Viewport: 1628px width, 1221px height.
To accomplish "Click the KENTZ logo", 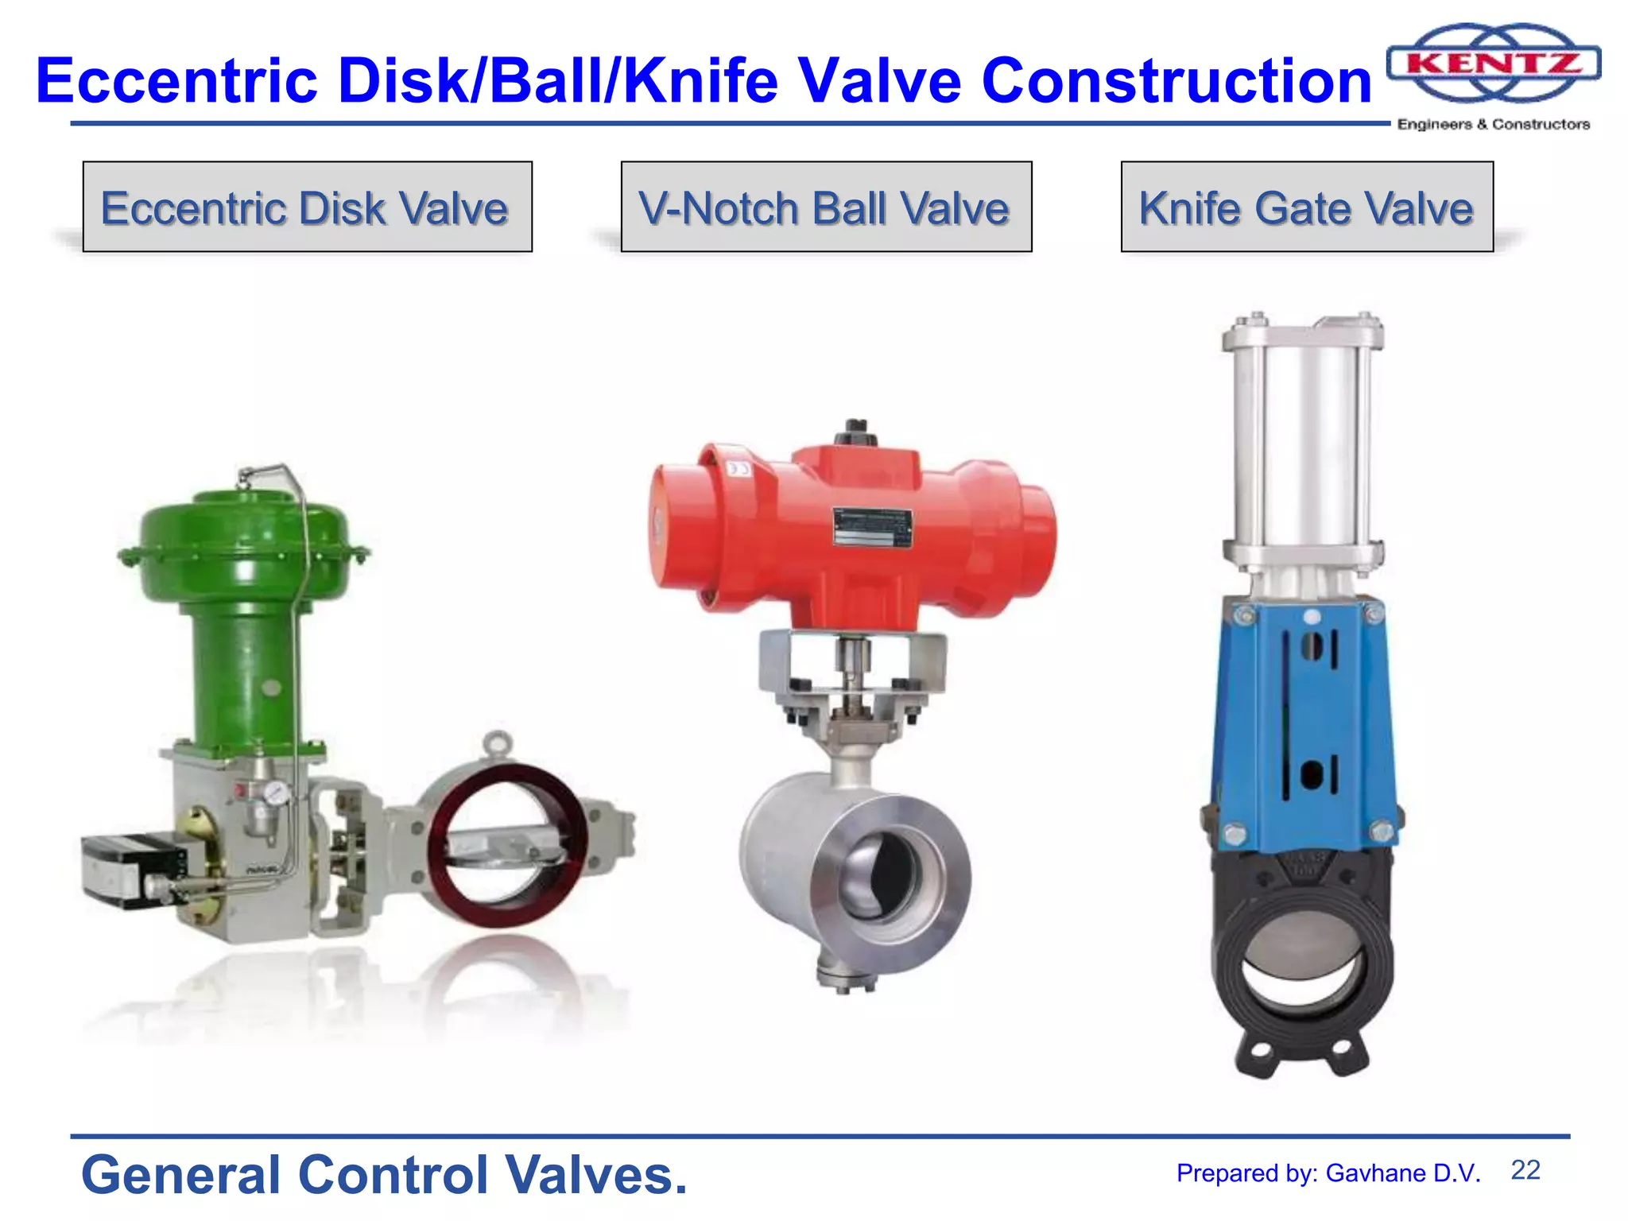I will (1493, 64).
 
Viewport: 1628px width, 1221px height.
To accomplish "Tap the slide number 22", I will (1525, 1170).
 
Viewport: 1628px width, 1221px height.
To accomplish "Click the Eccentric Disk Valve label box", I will (307, 207).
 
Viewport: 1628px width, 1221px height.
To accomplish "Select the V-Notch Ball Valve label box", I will (825, 207).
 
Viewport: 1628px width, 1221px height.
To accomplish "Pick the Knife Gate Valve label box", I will (1306, 207).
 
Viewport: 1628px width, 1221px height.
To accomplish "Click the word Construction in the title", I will (1176, 81).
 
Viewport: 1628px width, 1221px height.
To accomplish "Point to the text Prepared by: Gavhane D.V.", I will (1328, 1173).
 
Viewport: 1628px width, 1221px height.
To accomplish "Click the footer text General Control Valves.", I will (384, 1175).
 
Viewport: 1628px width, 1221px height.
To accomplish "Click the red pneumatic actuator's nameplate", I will (872, 526).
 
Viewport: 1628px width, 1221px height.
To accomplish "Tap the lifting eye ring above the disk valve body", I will (498, 744).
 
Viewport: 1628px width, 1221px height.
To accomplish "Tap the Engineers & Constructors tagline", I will (1493, 124).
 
